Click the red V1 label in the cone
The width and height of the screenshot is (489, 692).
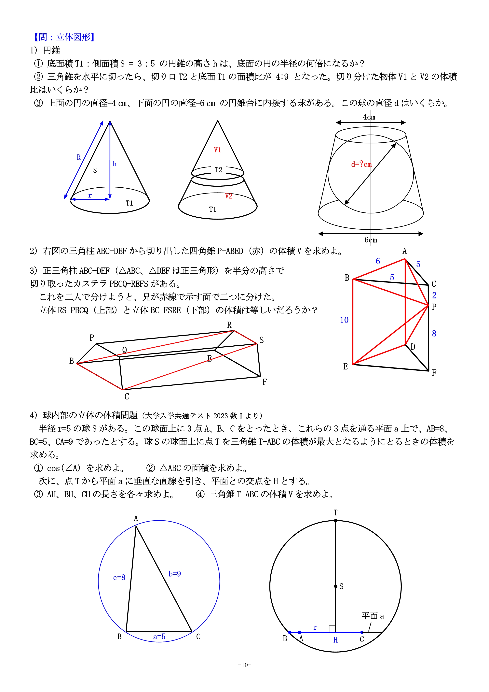pos(217,150)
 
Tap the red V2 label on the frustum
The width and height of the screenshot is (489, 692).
pos(229,196)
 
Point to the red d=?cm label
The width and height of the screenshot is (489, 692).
pos(361,164)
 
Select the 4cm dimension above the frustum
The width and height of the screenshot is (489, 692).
pos(369,117)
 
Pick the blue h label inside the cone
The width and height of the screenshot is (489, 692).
pos(115,164)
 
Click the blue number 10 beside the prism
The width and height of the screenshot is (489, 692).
pos(344,320)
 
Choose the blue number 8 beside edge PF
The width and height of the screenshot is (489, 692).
pos(434,333)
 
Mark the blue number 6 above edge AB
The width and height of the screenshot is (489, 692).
pos(378,261)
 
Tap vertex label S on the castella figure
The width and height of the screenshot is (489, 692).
pos(261,340)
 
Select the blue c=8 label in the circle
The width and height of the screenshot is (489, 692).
pos(119,577)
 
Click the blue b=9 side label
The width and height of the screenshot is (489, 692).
pos(175,574)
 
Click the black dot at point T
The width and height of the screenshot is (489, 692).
pos(336,521)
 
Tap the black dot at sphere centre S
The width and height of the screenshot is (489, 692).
pos(336,586)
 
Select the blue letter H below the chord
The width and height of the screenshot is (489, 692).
pos(335,640)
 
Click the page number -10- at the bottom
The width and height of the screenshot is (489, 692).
pos(244,665)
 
